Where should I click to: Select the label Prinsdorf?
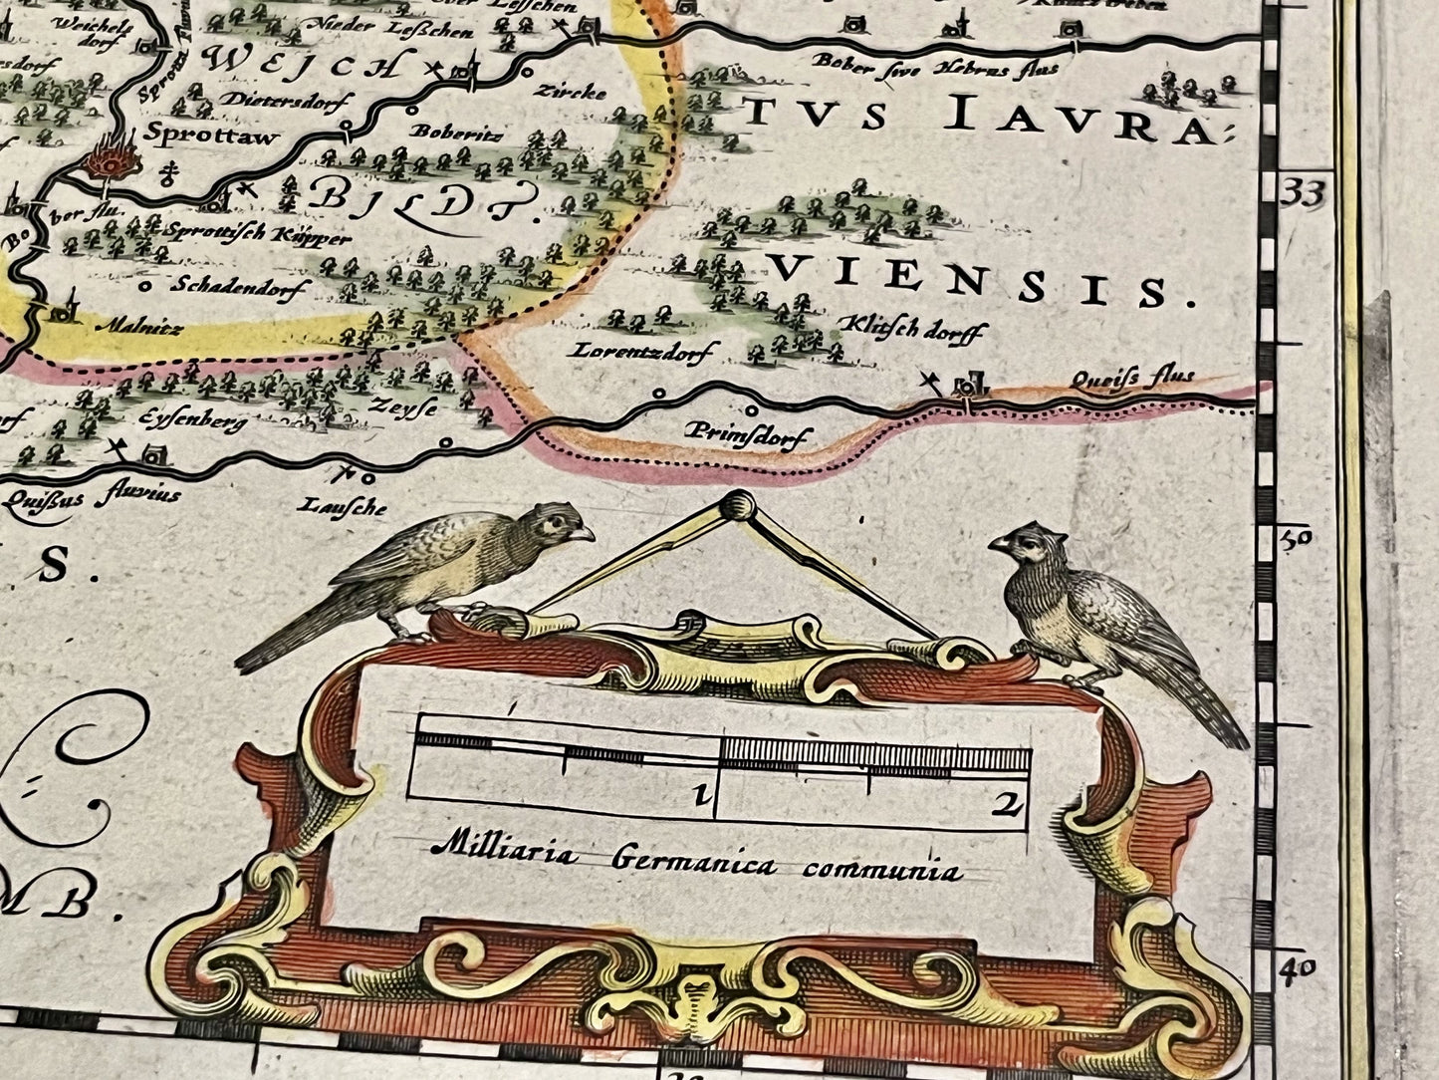[x=748, y=434]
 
